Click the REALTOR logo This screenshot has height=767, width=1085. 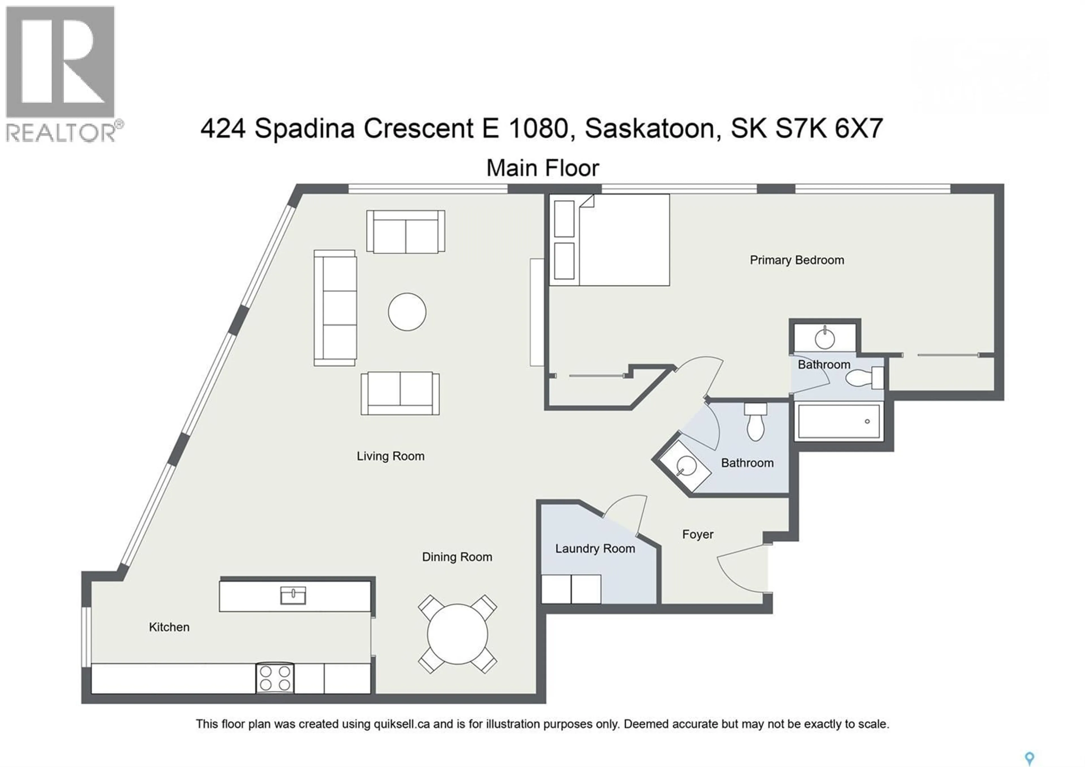tap(60, 73)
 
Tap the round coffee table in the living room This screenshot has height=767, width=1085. tap(407, 312)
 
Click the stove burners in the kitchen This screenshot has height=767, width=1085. tap(275, 678)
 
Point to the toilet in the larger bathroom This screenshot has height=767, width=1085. tap(755, 422)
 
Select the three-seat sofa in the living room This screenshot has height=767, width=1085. tap(335, 308)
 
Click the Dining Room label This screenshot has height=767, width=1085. tap(457, 557)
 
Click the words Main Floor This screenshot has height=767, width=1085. tap(542, 168)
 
